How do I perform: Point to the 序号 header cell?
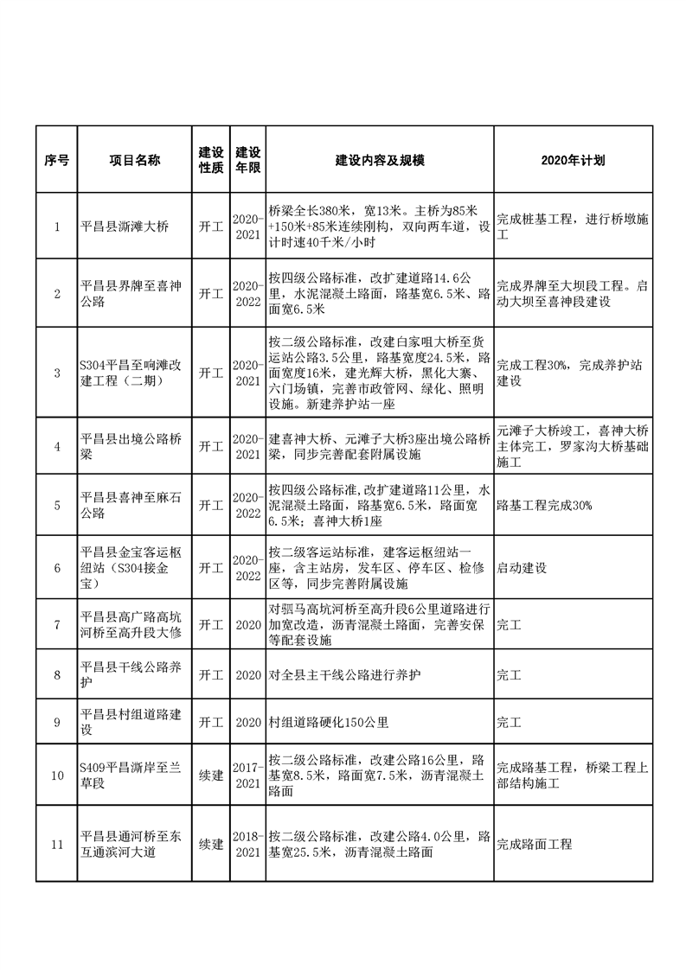click(x=57, y=161)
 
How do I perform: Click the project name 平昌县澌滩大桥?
click(x=125, y=227)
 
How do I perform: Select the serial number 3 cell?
click(x=57, y=373)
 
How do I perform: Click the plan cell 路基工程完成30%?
click(x=544, y=505)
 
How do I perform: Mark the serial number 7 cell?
click(x=57, y=623)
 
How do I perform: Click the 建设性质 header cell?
click(x=212, y=161)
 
